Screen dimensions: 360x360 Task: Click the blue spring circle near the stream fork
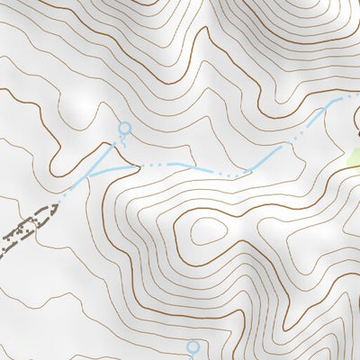[124, 129]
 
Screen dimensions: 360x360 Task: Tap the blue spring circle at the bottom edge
[192, 346]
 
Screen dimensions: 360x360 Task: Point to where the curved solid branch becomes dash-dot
[137, 165]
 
